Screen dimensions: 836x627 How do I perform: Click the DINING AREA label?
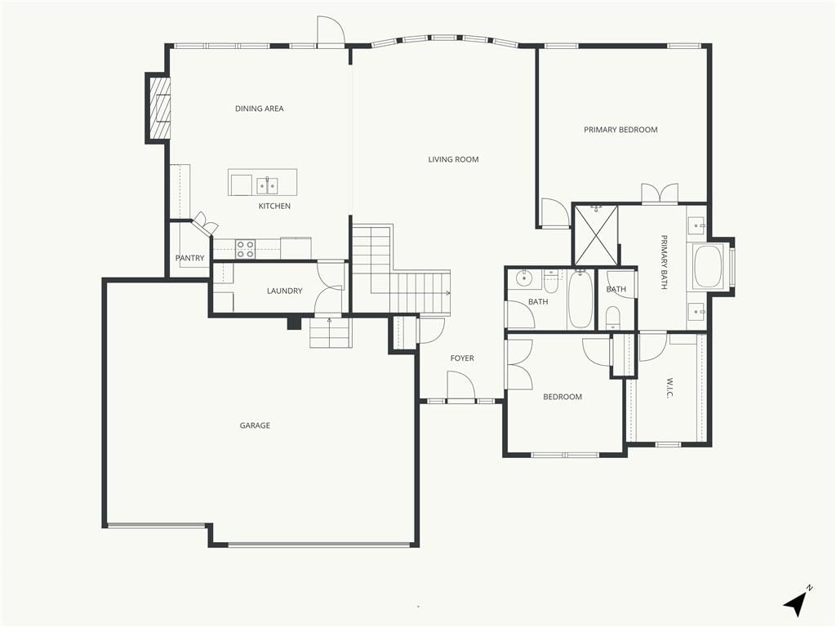click(x=259, y=109)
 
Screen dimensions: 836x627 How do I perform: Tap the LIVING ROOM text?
click(x=453, y=159)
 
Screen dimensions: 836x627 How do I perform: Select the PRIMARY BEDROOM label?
click(x=620, y=130)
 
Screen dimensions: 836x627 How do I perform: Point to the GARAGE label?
click(x=255, y=425)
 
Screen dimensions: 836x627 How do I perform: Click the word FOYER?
click(x=462, y=358)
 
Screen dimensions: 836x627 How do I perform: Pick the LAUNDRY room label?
click(x=285, y=291)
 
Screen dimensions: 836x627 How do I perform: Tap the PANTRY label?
click(x=189, y=258)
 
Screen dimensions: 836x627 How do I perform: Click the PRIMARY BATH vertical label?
click(x=665, y=262)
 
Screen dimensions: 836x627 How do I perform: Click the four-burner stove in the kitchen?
click(x=245, y=250)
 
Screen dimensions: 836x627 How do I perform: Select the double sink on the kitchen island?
click(x=267, y=185)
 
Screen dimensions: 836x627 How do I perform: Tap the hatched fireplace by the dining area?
click(x=159, y=108)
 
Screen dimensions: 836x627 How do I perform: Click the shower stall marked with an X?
click(x=595, y=235)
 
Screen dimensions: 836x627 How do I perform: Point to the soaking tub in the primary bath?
click(x=707, y=266)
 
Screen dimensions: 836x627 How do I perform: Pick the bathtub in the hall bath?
click(x=580, y=299)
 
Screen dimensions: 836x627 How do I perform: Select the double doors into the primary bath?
click(x=660, y=193)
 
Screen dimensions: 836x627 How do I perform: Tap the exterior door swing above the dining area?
click(x=331, y=31)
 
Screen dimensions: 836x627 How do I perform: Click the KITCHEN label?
click(x=274, y=207)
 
